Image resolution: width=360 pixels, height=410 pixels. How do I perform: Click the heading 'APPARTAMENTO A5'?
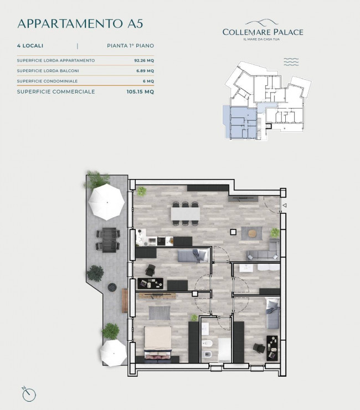(x=80, y=23)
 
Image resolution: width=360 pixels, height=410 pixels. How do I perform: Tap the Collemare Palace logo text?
(x=263, y=32)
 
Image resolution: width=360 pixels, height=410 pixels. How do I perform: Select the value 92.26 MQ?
(x=144, y=60)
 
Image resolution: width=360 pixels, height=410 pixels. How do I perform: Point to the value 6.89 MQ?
(x=145, y=70)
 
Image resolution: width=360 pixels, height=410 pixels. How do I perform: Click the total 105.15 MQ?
(x=140, y=92)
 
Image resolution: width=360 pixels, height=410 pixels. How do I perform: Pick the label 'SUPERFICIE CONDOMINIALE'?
(x=47, y=81)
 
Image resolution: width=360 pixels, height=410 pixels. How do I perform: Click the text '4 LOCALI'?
(x=30, y=46)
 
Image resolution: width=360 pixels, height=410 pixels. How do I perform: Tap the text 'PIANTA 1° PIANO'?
(x=131, y=46)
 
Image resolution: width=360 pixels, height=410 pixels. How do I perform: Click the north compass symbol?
(x=28, y=394)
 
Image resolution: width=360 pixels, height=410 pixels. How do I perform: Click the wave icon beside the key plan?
(x=291, y=61)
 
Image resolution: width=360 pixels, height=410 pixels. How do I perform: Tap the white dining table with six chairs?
(x=186, y=213)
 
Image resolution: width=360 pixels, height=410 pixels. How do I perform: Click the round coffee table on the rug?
(x=252, y=233)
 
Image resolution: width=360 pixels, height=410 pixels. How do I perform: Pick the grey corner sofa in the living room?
(x=263, y=250)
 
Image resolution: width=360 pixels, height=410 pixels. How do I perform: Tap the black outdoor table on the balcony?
(x=109, y=240)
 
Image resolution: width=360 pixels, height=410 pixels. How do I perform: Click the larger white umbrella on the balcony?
(x=107, y=202)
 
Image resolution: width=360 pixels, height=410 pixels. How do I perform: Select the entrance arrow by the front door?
(x=285, y=206)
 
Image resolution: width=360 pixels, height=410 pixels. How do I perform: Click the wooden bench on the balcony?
(x=125, y=301)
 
